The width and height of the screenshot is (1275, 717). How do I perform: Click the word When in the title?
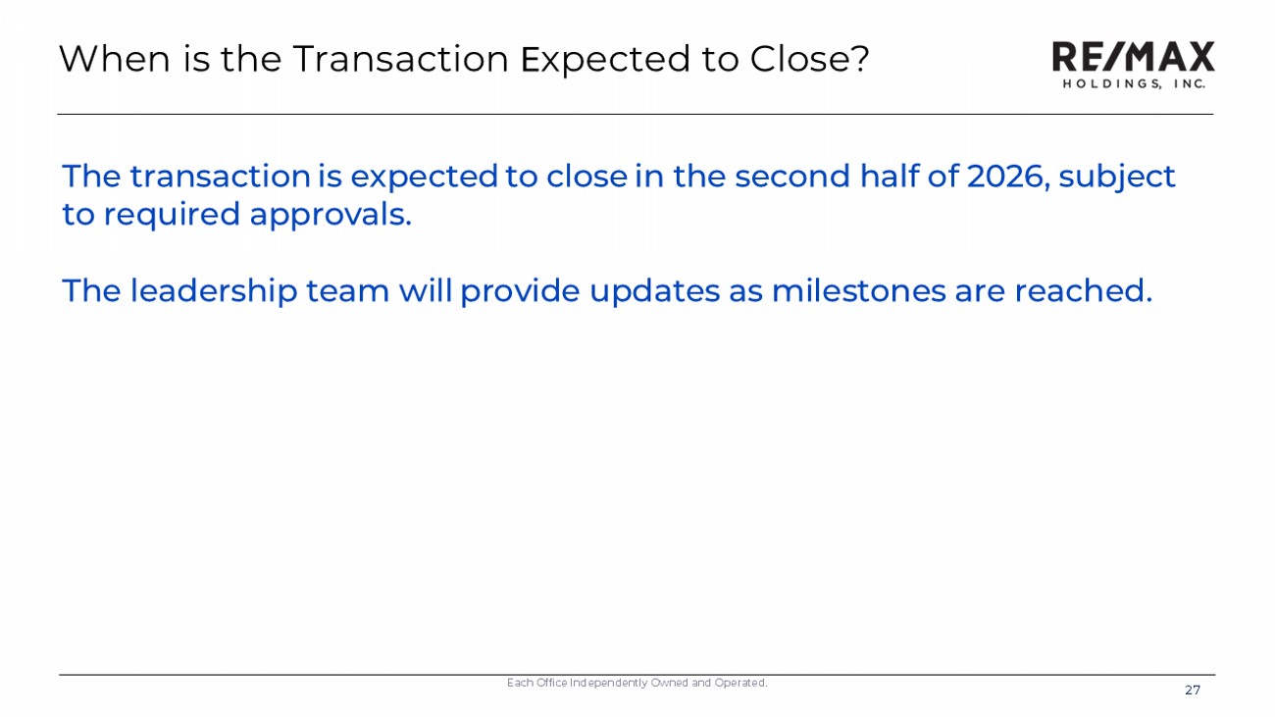pos(115,59)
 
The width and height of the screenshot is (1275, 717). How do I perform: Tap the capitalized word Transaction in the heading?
pos(400,59)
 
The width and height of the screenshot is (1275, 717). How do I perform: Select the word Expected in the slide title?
pos(605,60)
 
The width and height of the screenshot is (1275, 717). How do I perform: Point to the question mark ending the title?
pos(859,58)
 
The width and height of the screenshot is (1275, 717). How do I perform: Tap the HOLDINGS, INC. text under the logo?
pos(1134,84)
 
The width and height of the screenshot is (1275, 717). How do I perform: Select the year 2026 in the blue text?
pos(1008,177)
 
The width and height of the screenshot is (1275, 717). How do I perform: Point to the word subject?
pos(1117,179)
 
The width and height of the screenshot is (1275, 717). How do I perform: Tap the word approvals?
pos(331,216)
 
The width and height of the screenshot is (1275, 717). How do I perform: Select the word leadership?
pos(214,292)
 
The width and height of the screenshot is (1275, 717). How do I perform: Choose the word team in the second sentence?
pos(348,291)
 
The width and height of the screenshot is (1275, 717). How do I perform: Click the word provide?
pos(520,292)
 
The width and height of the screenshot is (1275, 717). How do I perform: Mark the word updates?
pos(654,292)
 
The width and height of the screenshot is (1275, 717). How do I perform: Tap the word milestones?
pos(858,290)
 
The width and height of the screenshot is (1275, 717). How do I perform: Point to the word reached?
pos(1083,290)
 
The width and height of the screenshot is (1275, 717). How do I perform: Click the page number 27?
pos(1193,691)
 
